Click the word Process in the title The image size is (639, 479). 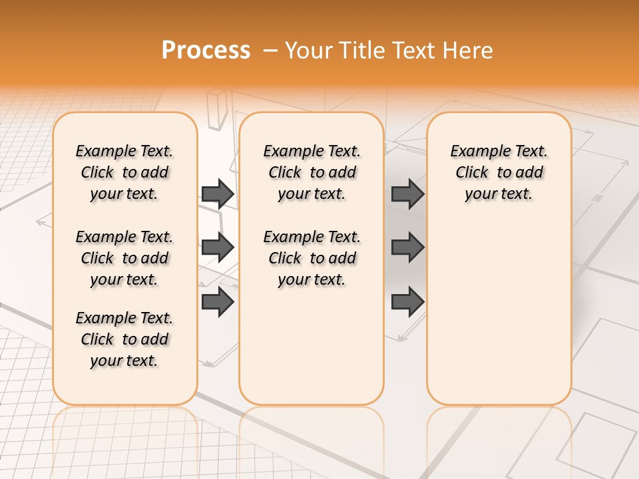click(206, 50)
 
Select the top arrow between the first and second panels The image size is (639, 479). click(218, 194)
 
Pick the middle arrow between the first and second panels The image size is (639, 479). click(218, 247)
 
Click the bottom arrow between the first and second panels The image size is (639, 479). click(218, 302)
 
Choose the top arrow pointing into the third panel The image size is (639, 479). click(407, 194)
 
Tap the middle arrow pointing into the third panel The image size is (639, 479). click(407, 247)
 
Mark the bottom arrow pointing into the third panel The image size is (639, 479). click(407, 302)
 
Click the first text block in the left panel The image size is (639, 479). click(124, 172)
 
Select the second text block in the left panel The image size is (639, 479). click(124, 258)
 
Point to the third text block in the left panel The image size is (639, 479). click(124, 339)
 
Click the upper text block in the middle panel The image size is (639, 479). click(312, 172)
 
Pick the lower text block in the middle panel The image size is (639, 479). click(312, 258)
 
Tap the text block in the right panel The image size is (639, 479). click(499, 172)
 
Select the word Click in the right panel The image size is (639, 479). click(472, 172)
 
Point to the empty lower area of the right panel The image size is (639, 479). click(499, 313)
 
